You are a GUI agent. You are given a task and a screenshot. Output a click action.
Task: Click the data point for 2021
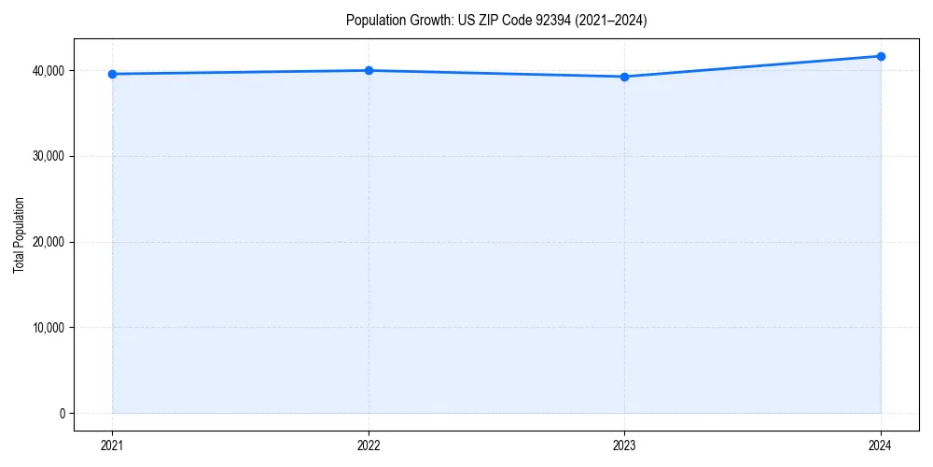(113, 74)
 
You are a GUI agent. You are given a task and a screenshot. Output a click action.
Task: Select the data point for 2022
(369, 70)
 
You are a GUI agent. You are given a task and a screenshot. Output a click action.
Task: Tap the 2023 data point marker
(624, 77)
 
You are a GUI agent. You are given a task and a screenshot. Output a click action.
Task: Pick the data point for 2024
(881, 56)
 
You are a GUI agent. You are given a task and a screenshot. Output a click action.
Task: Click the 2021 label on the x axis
(113, 446)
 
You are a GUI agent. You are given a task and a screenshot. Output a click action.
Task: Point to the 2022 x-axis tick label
(369, 446)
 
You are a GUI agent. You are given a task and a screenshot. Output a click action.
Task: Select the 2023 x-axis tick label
(624, 446)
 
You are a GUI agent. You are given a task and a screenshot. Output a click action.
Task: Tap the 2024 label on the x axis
(881, 446)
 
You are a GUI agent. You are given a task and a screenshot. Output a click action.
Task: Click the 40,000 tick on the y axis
(48, 71)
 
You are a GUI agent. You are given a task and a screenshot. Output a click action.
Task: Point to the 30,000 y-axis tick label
(48, 156)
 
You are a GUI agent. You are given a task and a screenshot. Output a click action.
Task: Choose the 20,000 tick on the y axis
(48, 242)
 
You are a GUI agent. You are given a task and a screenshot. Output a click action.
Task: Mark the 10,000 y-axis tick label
(48, 328)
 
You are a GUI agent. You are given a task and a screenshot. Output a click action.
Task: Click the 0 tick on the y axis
(62, 414)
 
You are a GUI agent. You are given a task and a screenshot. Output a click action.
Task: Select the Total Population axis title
(19, 234)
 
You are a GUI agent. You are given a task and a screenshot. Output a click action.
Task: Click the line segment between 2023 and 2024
(752, 66)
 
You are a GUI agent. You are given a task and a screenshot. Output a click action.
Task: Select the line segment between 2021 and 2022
(241, 72)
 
